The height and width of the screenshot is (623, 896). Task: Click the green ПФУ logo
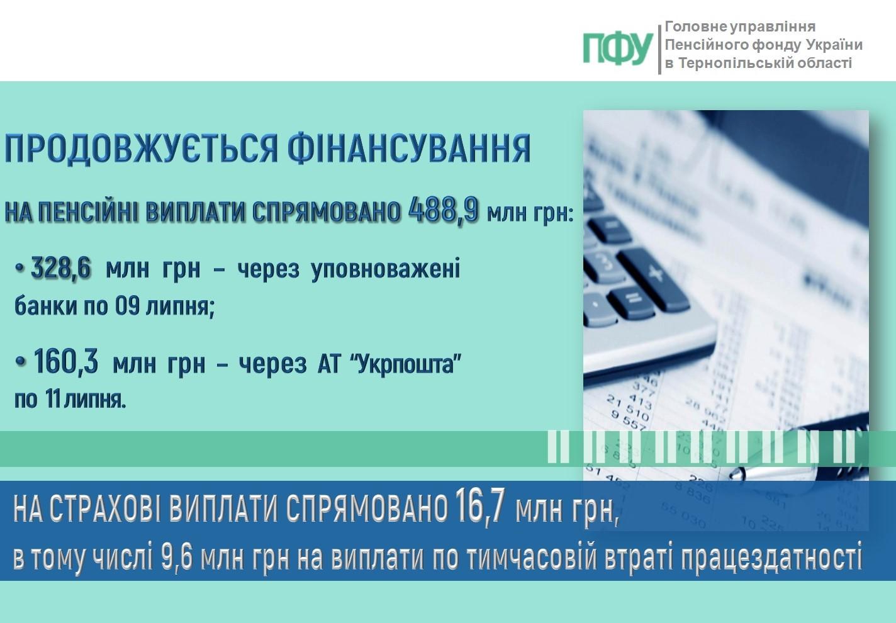[618, 49]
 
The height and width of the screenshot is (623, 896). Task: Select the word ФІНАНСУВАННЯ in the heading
[409, 148]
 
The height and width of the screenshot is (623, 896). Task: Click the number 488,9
[443, 210]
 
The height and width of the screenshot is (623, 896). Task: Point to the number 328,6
[61, 267]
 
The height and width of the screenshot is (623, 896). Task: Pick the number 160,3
[66, 361]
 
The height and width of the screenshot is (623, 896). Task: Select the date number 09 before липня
[128, 306]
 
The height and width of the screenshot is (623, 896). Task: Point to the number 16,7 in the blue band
[478, 508]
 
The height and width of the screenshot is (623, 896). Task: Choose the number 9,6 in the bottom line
[177, 558]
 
